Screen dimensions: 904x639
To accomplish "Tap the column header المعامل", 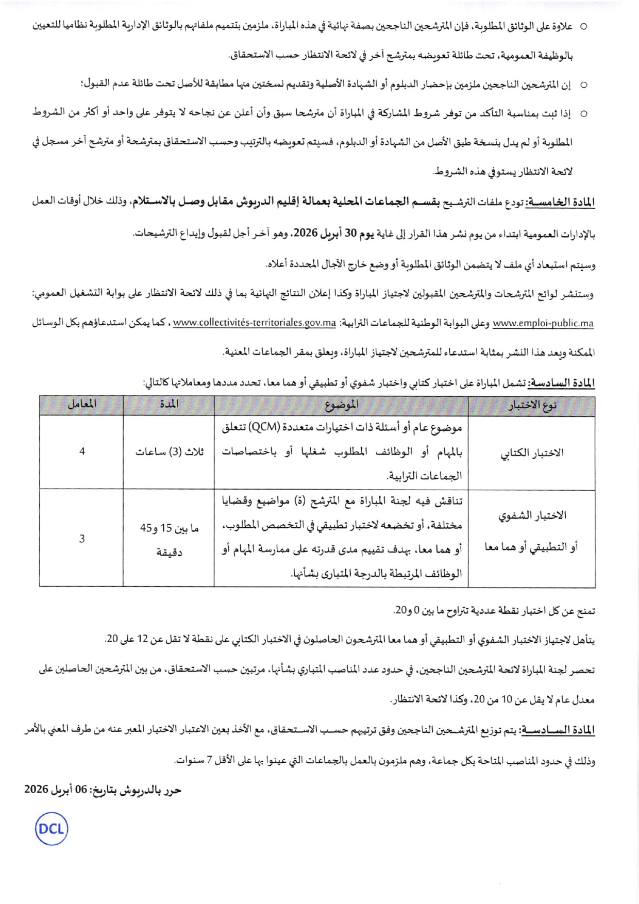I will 81,405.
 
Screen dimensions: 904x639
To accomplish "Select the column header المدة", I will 169,405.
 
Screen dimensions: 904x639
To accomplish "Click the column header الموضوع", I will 341,405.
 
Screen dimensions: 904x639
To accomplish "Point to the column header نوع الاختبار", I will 532,406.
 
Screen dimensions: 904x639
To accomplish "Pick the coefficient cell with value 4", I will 82,452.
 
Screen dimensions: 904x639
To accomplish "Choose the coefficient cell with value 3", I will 82,539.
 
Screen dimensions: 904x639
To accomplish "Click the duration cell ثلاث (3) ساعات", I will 169,452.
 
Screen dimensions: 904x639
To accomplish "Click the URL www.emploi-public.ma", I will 543,324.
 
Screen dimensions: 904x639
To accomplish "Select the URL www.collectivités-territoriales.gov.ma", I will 255,324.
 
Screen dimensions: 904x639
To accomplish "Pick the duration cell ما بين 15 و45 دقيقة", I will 169,539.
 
